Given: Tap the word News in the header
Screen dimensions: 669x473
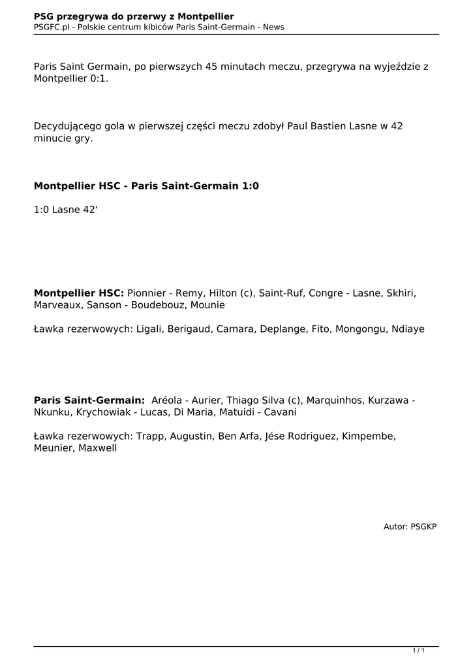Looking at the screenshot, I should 273,27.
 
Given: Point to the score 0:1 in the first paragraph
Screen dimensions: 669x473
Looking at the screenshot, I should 100,78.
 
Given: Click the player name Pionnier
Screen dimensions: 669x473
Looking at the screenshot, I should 147,293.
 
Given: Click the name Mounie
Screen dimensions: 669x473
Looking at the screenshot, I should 208,304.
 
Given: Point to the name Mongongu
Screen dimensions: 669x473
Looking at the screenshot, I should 360,329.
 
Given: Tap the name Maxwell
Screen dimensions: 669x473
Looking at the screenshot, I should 98,448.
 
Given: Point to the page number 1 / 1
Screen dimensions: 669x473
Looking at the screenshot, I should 418,651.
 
